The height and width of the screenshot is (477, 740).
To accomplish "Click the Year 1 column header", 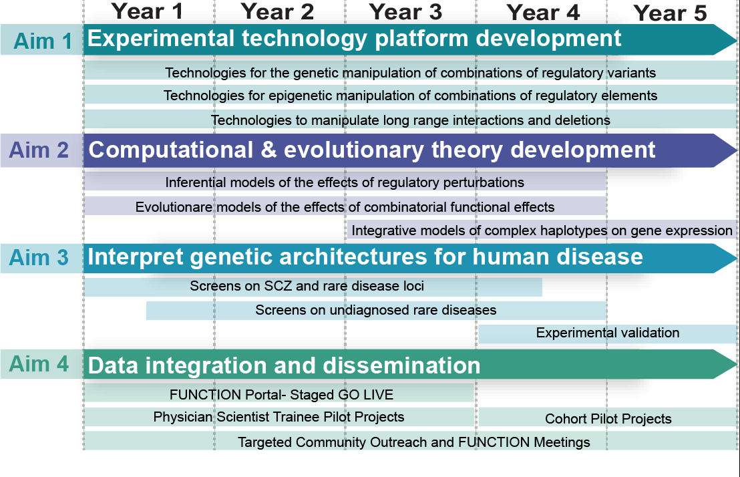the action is [147, 11].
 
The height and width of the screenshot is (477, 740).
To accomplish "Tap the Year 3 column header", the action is [405, 12].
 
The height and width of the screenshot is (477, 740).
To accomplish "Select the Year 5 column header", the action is [670, 13].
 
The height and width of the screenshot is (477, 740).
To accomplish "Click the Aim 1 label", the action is [43, 41].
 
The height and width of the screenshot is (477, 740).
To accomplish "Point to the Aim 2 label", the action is [39, 150].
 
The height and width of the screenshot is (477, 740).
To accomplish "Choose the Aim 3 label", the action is [39, 258].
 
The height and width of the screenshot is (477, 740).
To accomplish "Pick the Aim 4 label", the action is [39, 364].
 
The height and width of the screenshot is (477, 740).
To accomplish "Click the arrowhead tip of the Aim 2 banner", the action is [737, 151].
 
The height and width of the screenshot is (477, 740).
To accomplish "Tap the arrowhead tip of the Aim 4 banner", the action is [737, 364].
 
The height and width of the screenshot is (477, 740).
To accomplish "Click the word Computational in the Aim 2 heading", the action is [171, 150].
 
